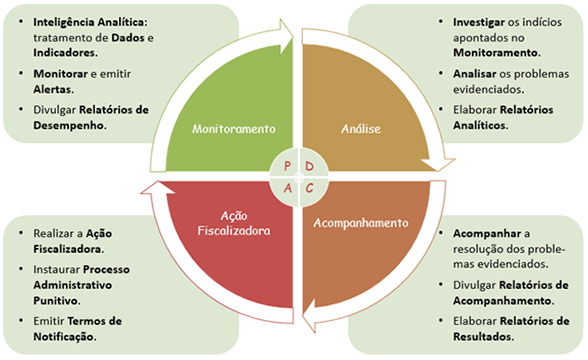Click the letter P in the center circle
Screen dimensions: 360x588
tap(286, 165)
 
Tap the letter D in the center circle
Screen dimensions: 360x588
tap(309, 165)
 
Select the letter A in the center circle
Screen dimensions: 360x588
tap(286, 187)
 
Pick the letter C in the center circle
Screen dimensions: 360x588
tap(309, 187)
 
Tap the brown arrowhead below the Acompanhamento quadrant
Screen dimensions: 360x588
tap(308, 318)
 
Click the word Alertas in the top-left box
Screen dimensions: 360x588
tap(57, 87)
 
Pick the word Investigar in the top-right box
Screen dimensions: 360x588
tap(469, 21)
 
